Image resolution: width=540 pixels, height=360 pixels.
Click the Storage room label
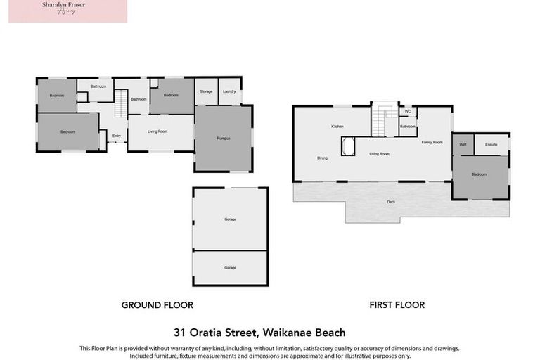pos(206,91)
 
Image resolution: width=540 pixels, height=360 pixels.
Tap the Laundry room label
pos(229,91)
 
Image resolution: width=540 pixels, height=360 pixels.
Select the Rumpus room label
pos(224,139)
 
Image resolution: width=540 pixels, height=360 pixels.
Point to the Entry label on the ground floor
pos(117,136)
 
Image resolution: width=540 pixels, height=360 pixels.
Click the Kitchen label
pos(337,127)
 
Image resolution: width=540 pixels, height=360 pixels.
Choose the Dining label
pos(322,158)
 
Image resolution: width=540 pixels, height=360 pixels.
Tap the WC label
pos(408,111)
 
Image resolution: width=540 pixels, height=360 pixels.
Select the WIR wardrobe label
pos(463,144)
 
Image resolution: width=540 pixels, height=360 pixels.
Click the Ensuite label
pos(491,144)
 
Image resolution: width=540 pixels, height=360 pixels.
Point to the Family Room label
pos(432,143)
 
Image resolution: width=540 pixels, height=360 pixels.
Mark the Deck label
pos(391,202)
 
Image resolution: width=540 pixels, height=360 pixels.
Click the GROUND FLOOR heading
pos(157,305)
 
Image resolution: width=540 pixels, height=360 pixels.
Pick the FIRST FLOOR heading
pos(397,305)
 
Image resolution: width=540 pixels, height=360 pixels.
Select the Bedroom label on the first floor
pos(480,174)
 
